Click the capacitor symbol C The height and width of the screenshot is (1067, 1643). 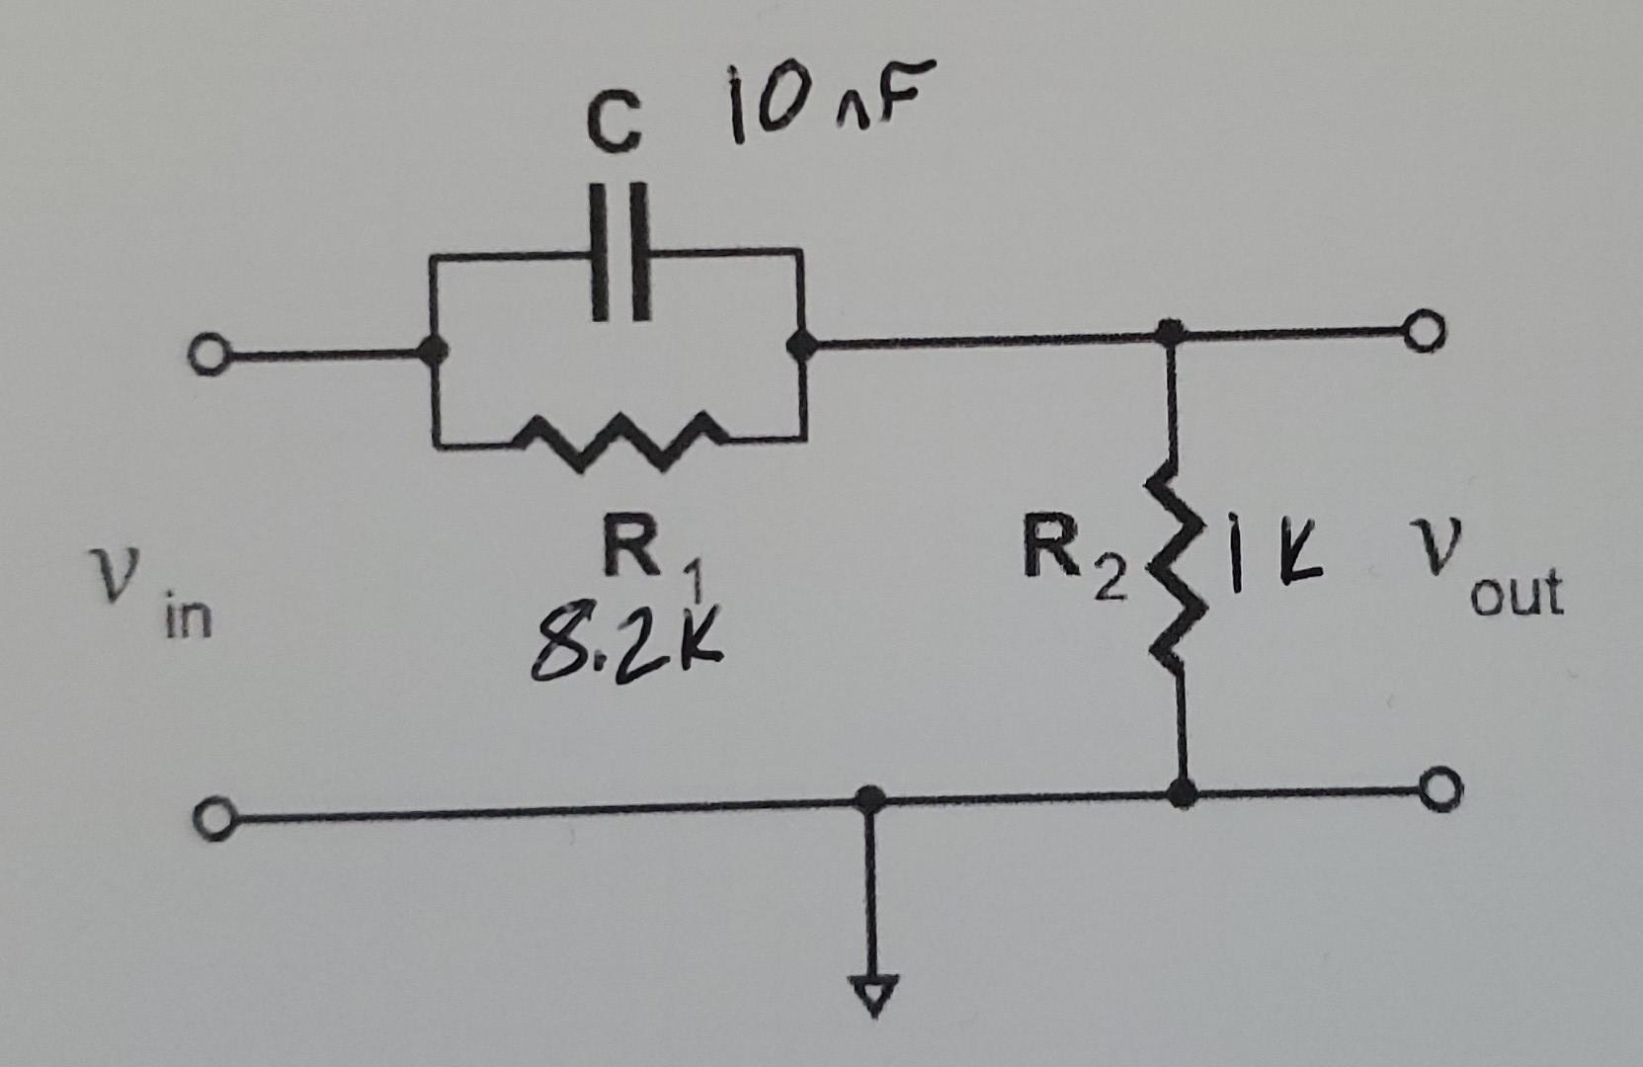click(620, 251)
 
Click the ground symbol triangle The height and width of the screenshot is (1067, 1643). click(871, 993)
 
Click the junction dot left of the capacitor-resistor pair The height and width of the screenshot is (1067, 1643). click(432, 350)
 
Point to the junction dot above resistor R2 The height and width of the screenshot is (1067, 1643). click(1170, 332)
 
